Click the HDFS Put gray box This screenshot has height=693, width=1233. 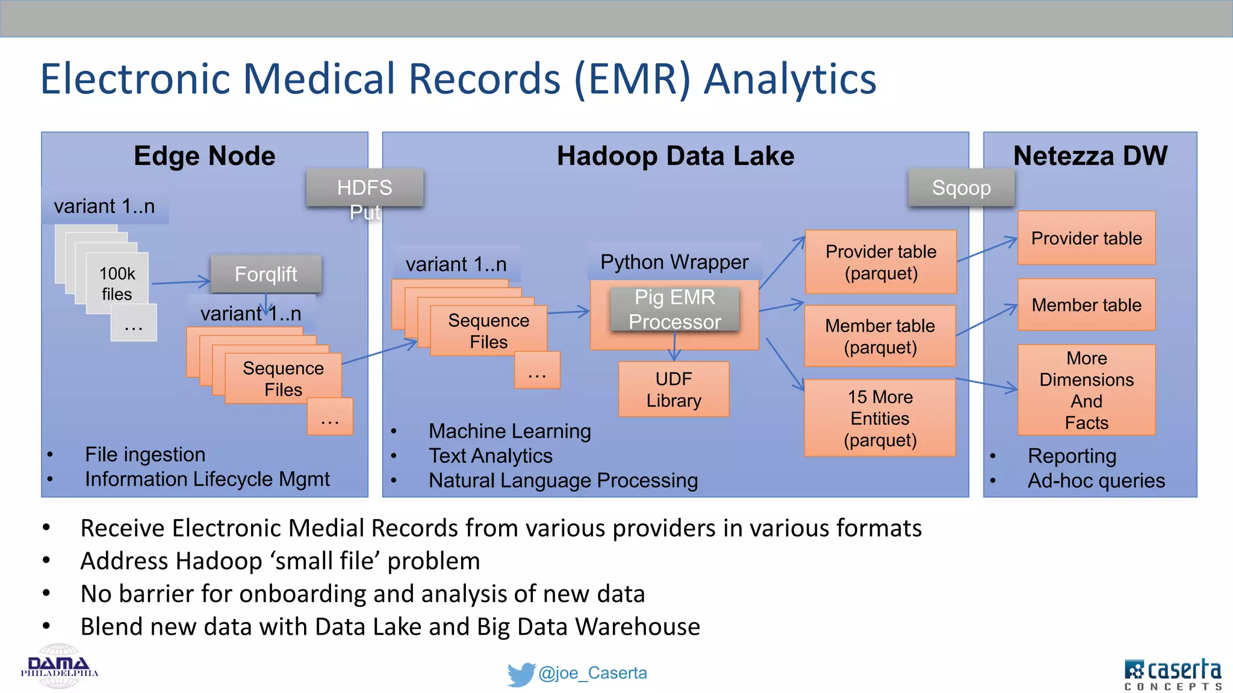tap(364, 188)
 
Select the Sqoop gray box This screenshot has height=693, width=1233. tap(961, 188)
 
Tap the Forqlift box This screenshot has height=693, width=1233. tap(266, 274)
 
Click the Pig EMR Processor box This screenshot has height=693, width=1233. tap(674, 309)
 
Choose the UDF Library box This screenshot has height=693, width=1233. tap(674, 389)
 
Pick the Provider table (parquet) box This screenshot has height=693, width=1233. tap(881, 262)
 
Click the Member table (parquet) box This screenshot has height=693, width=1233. tap(880, 336)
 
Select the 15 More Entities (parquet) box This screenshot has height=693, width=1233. tap(880, 418)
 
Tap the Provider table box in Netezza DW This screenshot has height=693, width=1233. tap(1086, 238)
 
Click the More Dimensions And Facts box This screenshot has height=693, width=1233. tap(1086, 390)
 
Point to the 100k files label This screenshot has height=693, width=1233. tap(117, 283)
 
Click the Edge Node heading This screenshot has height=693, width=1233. tap(204, 156)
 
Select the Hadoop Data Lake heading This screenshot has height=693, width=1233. tap(675, 156)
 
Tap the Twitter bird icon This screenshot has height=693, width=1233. tap(520, 674)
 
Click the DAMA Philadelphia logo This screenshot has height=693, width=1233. tap(59, 667)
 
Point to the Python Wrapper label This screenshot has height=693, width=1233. tap(674, 262)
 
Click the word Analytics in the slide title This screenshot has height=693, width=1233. tap(790, 79)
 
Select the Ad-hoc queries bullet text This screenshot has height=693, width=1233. tap(1096, 481)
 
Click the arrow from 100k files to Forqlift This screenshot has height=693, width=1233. tap(180, 282)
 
